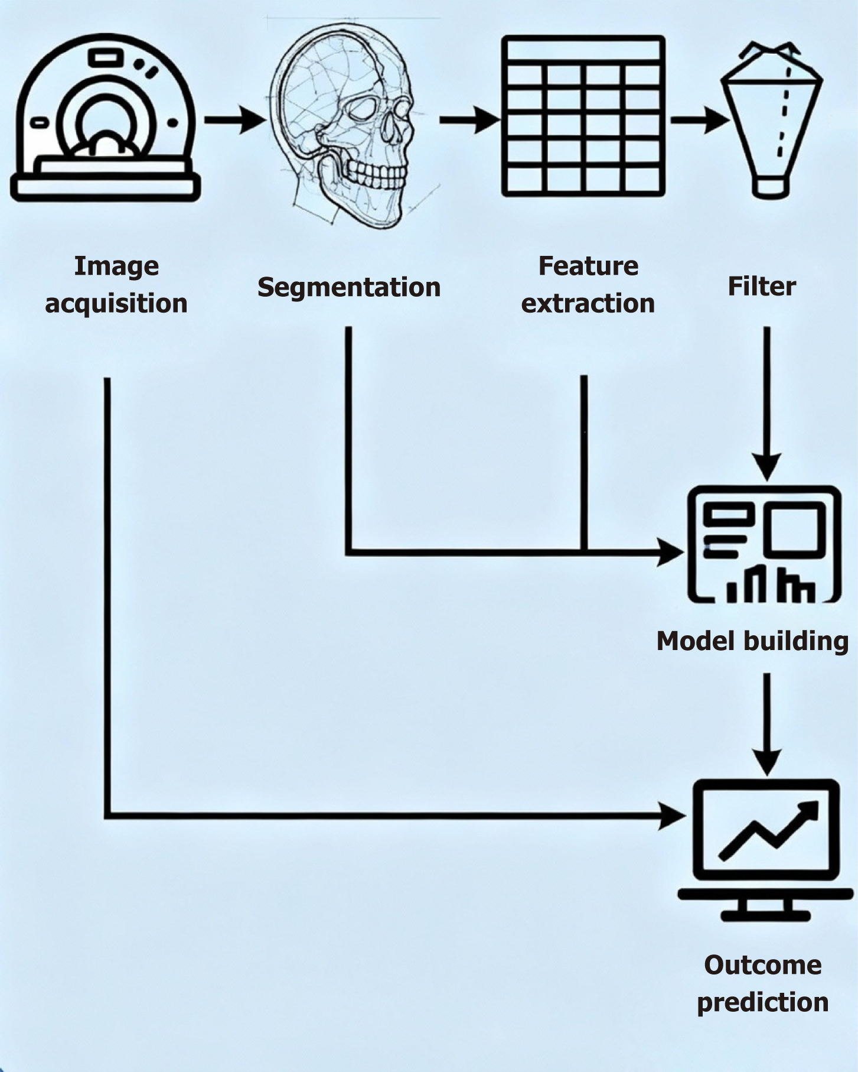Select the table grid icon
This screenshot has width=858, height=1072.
(583, 116)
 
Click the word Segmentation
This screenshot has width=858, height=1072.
(349, 288)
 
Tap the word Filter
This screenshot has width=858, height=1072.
(762, 286)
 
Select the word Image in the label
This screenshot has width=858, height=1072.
(116, 267)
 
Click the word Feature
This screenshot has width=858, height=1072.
(588, 266)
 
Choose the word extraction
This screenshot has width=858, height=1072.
(588, 303)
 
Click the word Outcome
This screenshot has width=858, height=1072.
(763, 965)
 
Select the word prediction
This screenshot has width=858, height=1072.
(763, 1003)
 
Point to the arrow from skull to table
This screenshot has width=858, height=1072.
(470, 120)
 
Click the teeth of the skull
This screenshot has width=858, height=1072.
(377, 174)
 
